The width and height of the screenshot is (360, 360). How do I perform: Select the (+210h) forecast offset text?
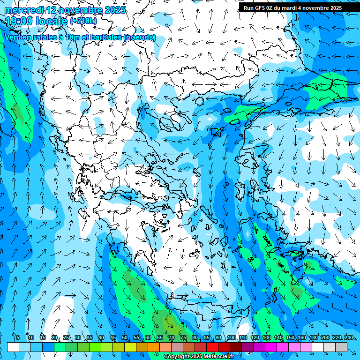pyautogui.click(x=83, y=21)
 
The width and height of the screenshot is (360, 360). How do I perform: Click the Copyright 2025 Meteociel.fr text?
pyautogui.click(x=199, y=357)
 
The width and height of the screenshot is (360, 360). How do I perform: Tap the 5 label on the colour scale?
pyautogui.click(x=17, y=337)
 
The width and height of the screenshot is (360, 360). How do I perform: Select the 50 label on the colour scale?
pyautogui.click(x=125, y=337)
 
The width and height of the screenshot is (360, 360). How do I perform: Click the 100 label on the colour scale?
pyautogui.click(x=231, y=337)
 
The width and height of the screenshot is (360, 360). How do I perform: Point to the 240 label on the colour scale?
pyautogui.click(x=348, y=337)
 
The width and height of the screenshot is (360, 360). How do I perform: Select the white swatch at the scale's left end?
pyautogui.click(x=13, y=347)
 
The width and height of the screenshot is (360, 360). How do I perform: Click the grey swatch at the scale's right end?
pyautogui.click(x=341, y=347)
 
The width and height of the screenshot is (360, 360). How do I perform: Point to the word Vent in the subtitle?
pyautogui.click(x=15, y=37)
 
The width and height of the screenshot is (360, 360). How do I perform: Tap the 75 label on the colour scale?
pyautogui.click(x=183, y=337)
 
